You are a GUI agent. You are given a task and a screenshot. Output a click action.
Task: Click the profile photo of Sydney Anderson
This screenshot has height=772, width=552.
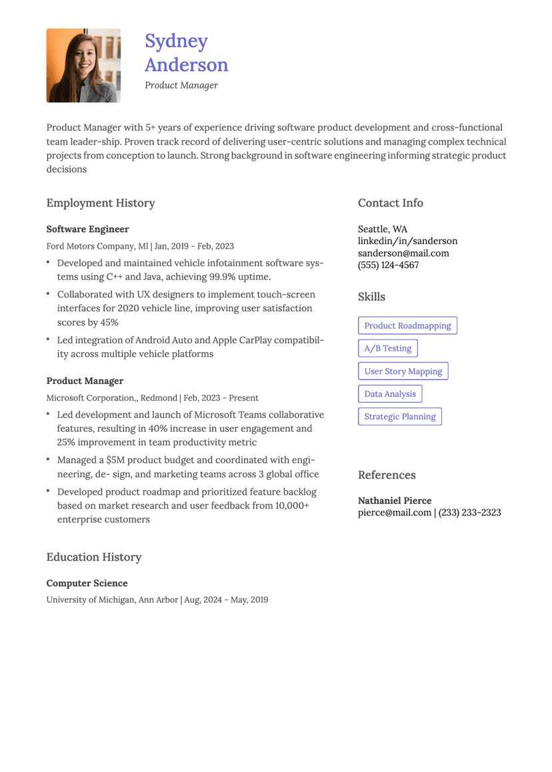click(83, 65)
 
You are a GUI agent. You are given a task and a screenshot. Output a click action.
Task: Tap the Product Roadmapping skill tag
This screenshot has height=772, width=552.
click(407, 325)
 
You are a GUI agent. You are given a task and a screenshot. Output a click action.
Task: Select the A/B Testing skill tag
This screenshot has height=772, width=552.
click(387, 348)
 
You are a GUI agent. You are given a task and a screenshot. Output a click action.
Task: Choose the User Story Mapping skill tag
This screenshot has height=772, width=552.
click(403, 371)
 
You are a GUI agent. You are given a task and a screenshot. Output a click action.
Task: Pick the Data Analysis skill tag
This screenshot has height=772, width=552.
click(389, 394)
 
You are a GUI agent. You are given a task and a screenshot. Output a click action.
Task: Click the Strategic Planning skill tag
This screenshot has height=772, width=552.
click(399, 417)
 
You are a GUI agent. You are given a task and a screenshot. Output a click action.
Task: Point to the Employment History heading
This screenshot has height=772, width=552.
click(101, 203)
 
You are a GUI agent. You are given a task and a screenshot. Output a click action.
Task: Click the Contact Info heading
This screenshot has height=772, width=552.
click(390, 203)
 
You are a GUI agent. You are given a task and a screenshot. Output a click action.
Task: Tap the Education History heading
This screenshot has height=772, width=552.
click(94, 557)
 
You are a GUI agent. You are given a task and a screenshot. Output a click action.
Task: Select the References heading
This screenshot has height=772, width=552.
click(387, 475)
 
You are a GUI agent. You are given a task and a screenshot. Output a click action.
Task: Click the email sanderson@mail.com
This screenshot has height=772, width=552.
click(403, 253)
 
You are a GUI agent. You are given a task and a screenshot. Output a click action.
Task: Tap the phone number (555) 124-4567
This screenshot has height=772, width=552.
click(388, 265)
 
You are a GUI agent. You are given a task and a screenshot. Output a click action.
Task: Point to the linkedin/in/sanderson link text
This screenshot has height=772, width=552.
click(407, 241)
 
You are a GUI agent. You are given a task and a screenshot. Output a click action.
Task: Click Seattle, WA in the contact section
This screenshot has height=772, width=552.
click(382, 229)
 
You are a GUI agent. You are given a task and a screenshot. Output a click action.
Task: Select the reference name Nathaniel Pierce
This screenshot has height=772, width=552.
click(395, 500)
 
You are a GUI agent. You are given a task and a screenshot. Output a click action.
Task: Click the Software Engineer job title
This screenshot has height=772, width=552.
click(87, 229)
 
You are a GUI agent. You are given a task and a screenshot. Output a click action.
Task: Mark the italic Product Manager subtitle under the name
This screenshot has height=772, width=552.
click(181, 85)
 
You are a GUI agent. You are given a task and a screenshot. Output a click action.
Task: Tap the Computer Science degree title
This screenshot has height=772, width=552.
click(87, 583)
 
